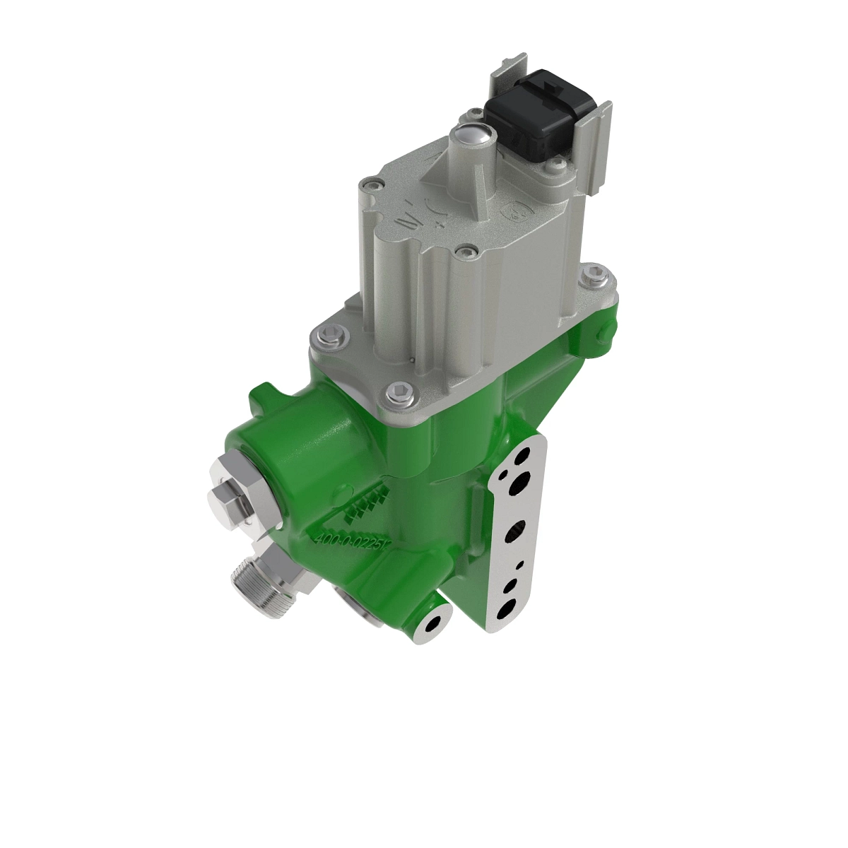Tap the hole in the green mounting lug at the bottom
(x=432, y=623)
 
